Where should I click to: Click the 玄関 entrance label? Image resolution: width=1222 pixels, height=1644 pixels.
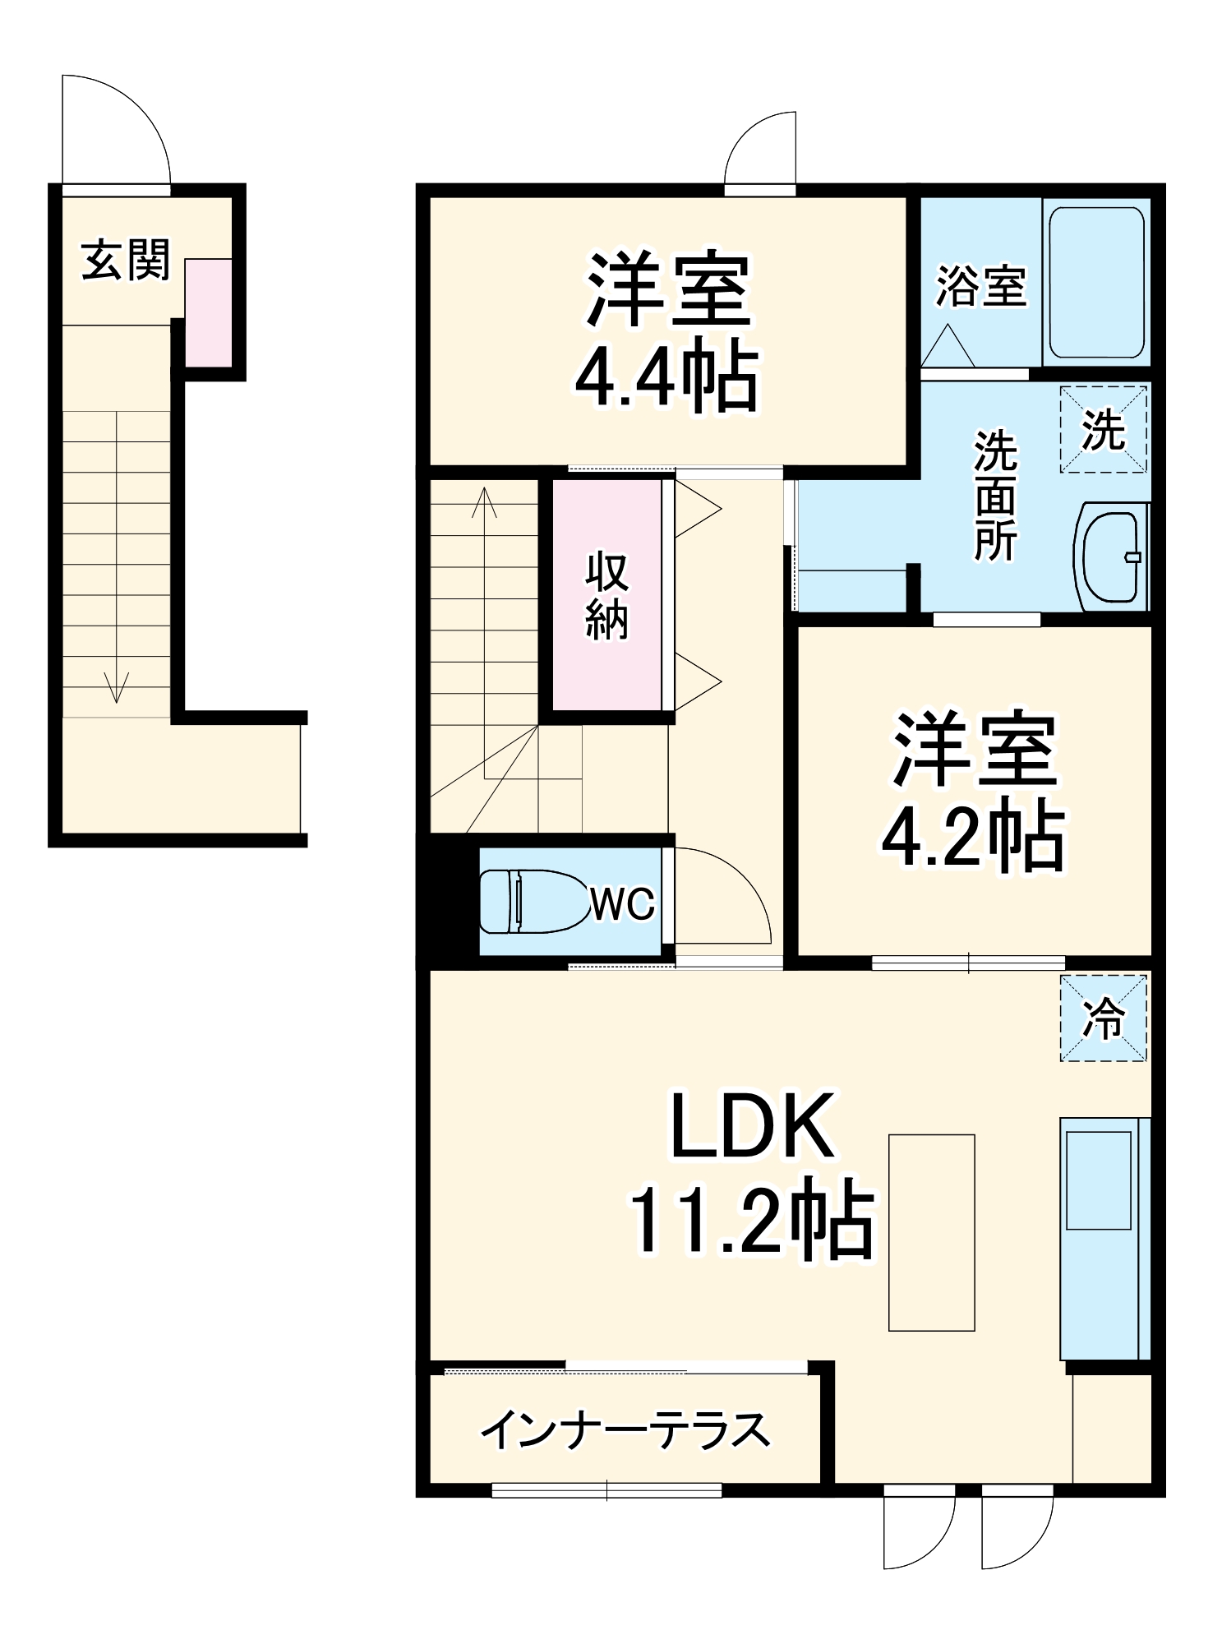click(125, 261)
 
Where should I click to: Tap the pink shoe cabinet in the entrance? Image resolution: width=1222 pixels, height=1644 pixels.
click(208, 312)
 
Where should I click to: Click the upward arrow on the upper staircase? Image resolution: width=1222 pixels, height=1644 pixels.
click(484, 501)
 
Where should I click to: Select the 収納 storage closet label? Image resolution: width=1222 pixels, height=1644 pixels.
click(606, 596)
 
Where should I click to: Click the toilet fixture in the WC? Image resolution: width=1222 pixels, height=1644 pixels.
click(530, 902)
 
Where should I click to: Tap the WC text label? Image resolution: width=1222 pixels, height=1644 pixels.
click(622, 904)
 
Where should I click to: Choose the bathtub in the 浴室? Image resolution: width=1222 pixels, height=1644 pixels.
click(1096, 282)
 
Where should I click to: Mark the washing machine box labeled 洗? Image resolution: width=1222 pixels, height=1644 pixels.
click(1103, 430)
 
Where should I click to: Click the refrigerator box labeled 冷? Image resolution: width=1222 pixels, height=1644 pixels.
click(1103, 1018)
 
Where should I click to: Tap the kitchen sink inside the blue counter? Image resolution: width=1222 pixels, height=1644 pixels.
click(1098, 1180)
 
